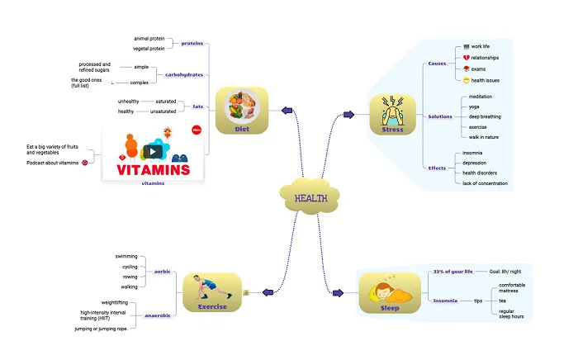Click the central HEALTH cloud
click(x=310, y=197)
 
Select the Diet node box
click(x=241, y=110)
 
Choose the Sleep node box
click(x=389, y=293)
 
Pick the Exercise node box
click(x=211, y=293)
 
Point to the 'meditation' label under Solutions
click(x=481, y=97)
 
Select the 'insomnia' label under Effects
click(x=473, y=153)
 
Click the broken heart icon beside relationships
click(x=467, y=58)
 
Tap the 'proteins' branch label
click(x=192, y=43)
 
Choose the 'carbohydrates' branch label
click(x=184, y=74)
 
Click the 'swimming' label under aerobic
click(x=126, y=257)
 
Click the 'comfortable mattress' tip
click(x=512, y=288)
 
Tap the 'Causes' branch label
click(x=437, y=64)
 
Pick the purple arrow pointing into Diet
click(x=287, y=110)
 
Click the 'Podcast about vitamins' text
click(x=52, y=163)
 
